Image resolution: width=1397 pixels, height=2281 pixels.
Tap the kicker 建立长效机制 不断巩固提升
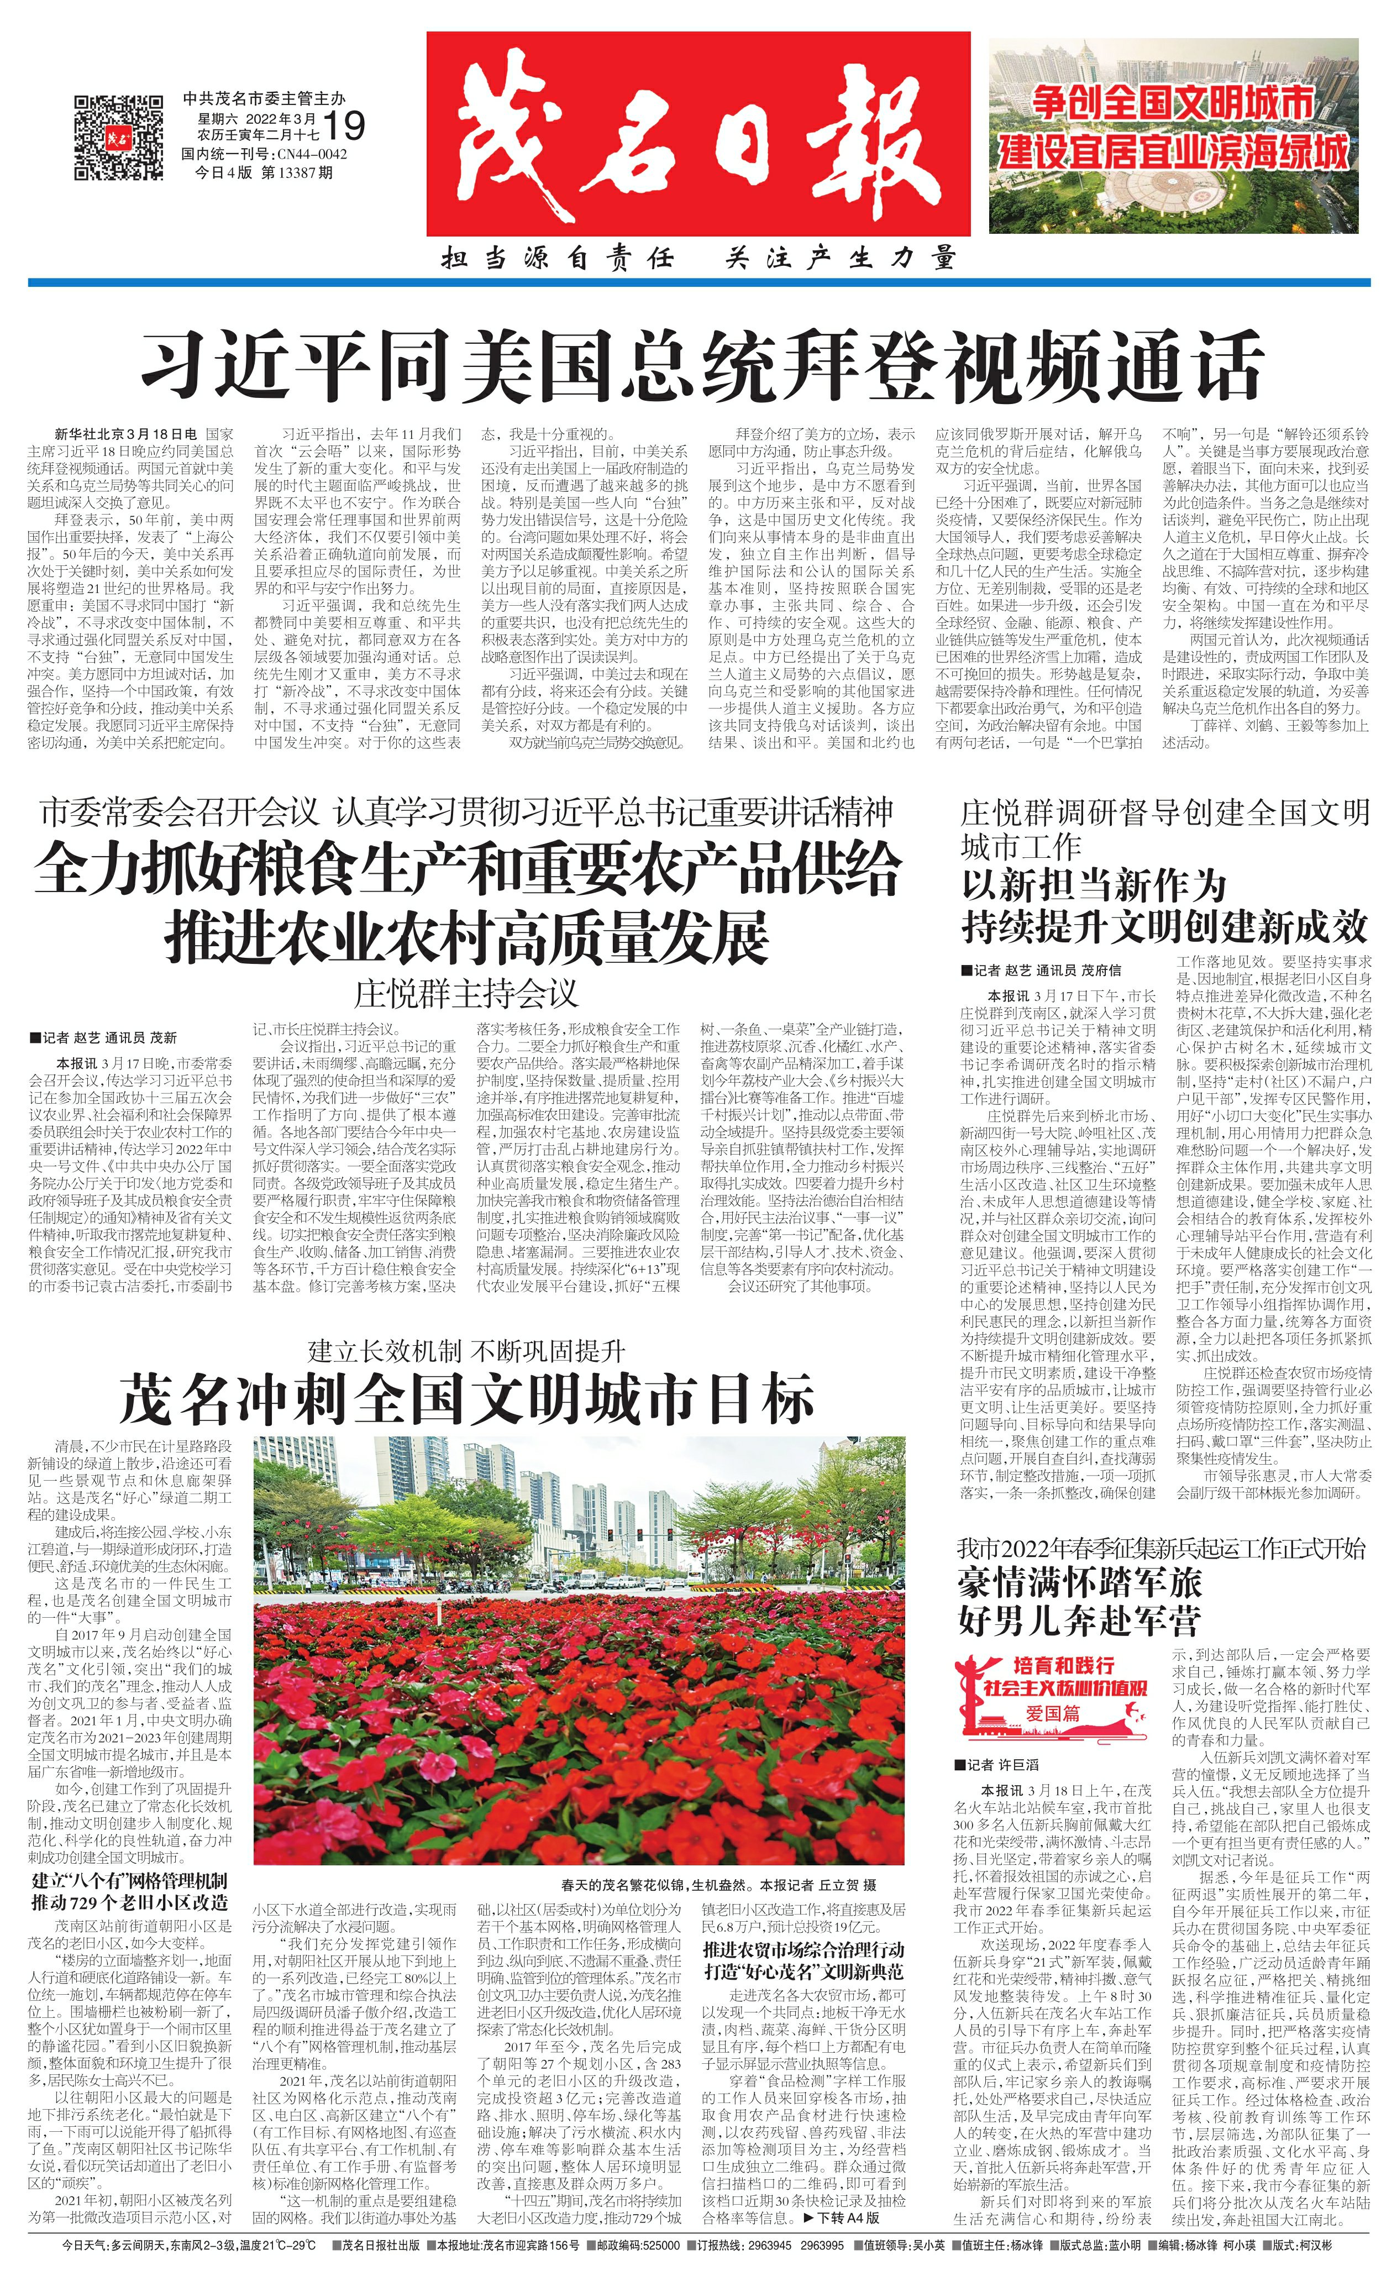click(x=466, y=1351)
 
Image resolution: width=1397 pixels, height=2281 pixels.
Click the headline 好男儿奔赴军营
click(x=1079, y=1618)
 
